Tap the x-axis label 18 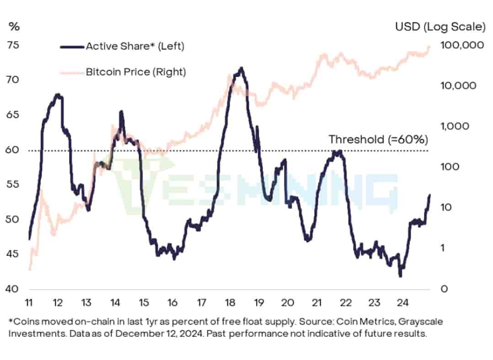coord(230,303)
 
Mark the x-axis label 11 coord(29,303)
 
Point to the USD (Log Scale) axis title coord(440,27)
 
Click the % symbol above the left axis coord(14,27)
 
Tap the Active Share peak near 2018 coord(241,69)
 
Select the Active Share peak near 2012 coord(58,95)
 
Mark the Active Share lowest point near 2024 coord(400,276)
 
